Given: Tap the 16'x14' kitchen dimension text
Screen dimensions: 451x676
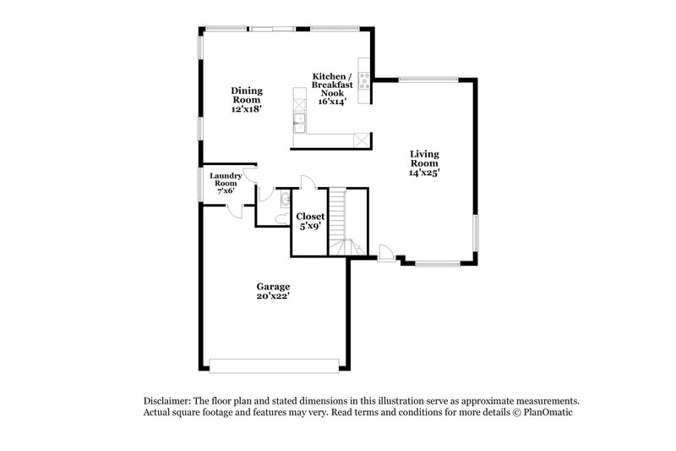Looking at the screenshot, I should pos(332,101).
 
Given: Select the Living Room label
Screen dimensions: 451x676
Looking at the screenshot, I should pos(424,158).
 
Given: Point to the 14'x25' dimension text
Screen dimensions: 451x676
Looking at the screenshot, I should pos(424,172).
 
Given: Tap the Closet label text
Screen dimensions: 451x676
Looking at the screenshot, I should pos(309,217).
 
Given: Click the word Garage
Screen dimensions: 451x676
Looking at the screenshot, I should pos(274,287).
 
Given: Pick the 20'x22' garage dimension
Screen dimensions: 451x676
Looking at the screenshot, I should pos(274,297).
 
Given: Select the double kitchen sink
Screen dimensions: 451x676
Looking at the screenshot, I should pos(298,124).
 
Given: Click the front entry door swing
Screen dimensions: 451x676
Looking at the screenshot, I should pos(385,252).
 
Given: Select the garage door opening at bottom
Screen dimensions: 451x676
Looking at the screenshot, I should pos(275,366).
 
